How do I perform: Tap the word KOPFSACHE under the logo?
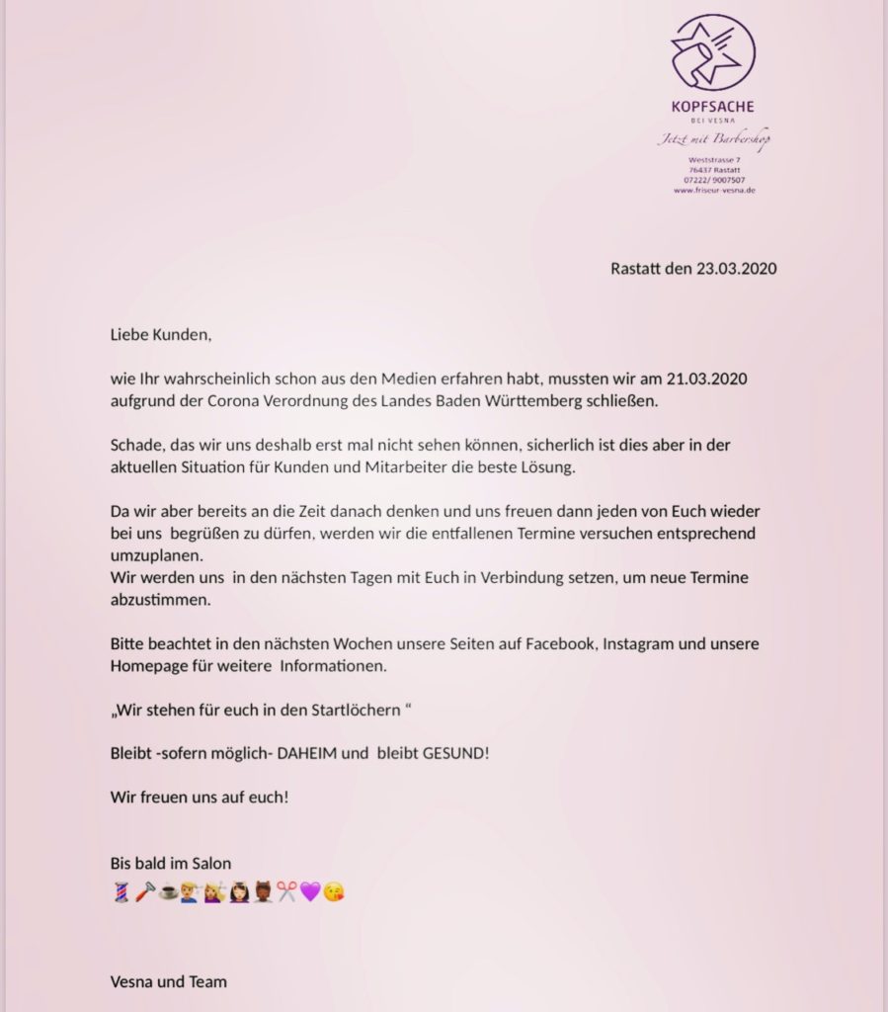click(x=713, y=107)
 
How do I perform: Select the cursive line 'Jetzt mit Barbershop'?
click(x=713, y=139)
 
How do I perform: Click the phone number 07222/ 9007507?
click(x=713, y=180)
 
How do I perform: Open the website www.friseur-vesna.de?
click(x=713, y=190)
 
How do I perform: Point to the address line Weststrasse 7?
click(x=713, y=159)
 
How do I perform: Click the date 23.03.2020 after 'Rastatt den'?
click(x=736, y=268)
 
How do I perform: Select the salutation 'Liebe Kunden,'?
click(x=161, y=334)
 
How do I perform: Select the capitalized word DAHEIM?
click(x=306, y=753)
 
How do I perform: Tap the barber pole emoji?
click(x=119, y=893)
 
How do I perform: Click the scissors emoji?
click(x=286, y=893)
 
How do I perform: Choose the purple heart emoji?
click(x=310, y=893)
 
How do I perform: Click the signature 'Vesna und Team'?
click(x=168, y=981)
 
